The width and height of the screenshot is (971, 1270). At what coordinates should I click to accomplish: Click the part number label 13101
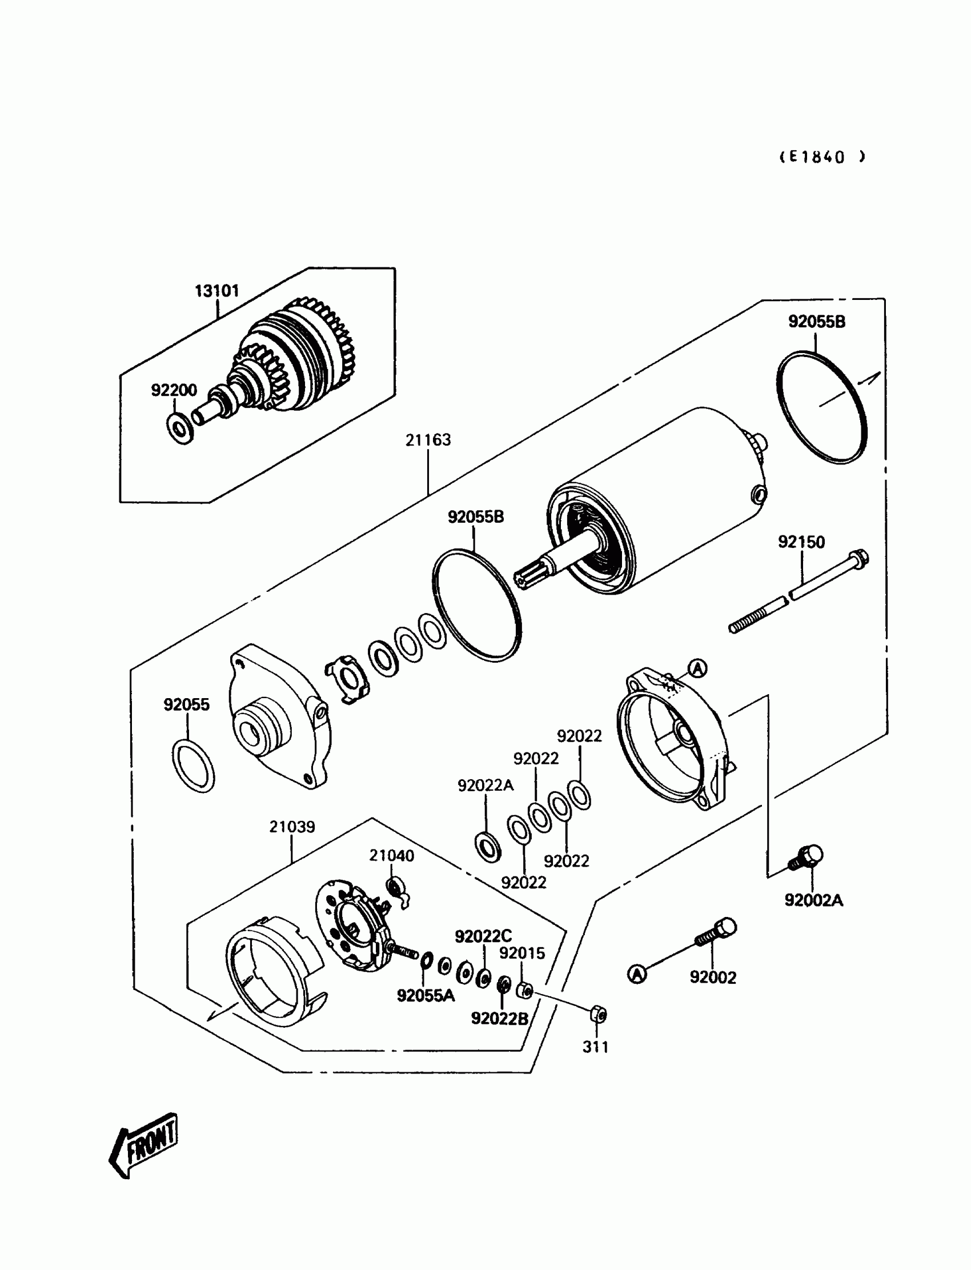[216, 291]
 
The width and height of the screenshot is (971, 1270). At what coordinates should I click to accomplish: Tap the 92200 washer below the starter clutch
[180, 428]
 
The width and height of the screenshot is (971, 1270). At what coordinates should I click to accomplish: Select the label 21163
[428, 440]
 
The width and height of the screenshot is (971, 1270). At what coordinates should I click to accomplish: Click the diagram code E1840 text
[822, 157]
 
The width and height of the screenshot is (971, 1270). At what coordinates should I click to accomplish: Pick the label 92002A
[813, 900]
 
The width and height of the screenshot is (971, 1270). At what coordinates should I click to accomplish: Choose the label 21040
[391, 856]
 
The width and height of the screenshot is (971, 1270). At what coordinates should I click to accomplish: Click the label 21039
[292, 827]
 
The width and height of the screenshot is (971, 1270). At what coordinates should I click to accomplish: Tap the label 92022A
[485, 785]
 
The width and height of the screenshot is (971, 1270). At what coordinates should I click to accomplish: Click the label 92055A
[426, 995]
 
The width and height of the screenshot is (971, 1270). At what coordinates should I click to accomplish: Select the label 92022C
[483, 936]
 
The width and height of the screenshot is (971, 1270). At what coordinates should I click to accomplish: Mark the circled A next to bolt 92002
[637, 974]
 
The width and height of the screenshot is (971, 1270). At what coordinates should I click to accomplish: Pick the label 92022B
[499, 1019]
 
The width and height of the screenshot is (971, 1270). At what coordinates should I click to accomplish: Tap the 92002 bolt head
[726, 927]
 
